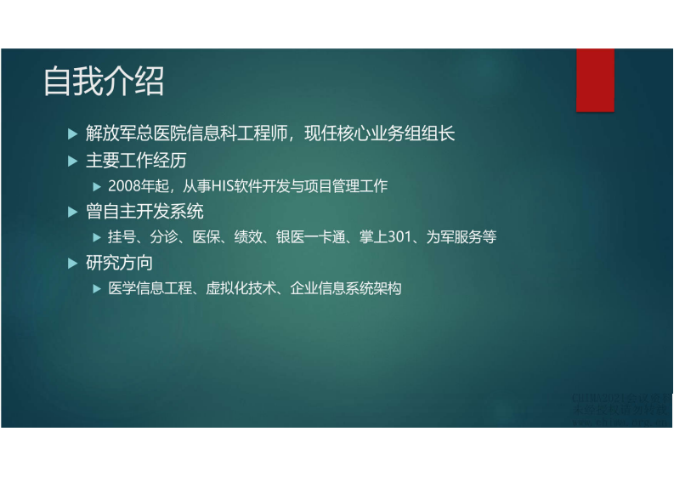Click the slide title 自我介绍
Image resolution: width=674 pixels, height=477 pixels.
click(104, 82)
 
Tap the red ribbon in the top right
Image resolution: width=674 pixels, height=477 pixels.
click(595, 80)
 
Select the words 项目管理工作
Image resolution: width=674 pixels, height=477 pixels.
click(348, 185)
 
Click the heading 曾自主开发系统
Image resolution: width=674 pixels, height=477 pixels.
click(145, 211)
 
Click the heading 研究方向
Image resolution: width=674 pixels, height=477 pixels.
click(120, 263)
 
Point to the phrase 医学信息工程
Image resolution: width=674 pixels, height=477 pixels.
click(152, 288)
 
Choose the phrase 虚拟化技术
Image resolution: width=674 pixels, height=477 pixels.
click(242, 288)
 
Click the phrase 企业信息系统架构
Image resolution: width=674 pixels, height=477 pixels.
click(346, 288)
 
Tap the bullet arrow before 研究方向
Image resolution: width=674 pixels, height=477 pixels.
click(72, 263)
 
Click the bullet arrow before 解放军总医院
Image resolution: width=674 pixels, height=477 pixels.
click(72, 133)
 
